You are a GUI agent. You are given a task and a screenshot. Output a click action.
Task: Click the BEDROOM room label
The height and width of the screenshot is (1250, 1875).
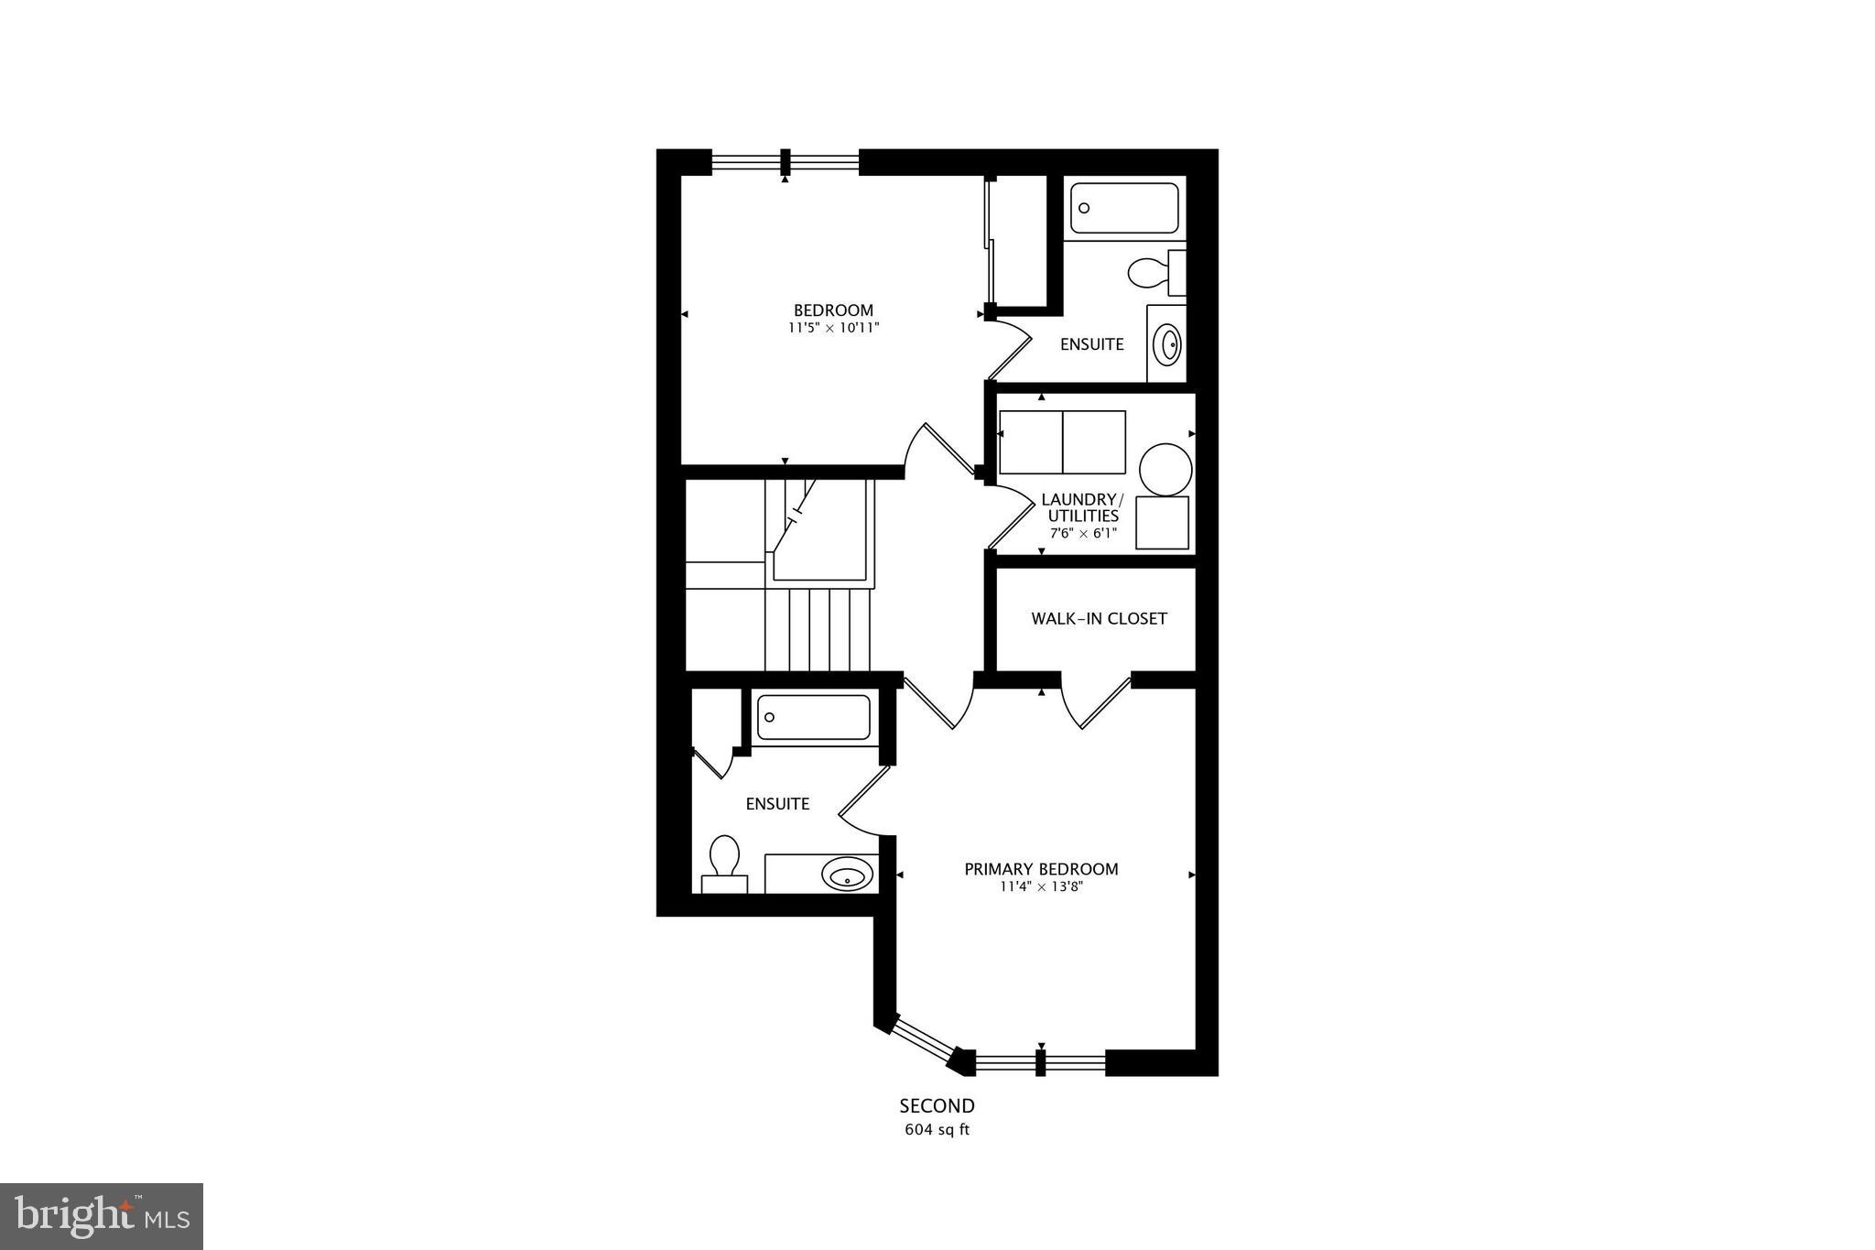pos(833,310)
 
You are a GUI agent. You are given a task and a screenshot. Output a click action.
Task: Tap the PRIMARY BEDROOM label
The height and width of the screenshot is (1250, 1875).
pos(1041,869)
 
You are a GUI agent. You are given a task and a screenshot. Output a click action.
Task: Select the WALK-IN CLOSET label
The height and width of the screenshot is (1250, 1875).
pos(1099,619)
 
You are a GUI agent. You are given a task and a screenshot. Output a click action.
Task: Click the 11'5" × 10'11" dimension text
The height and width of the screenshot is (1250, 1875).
pos(833,328)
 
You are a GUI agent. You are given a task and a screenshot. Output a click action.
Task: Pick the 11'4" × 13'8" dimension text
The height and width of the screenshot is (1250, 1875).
pos(1042,886)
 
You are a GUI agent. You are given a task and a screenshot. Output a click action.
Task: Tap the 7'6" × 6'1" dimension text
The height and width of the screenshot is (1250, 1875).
pos(1083,533)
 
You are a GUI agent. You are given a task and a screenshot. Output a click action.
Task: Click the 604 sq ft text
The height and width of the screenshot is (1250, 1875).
pos(937,1130)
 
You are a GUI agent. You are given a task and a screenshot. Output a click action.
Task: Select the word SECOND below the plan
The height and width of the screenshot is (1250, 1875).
pos(937,1106)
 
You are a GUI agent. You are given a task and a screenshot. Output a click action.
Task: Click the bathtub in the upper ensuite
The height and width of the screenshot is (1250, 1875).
pos(1124,208)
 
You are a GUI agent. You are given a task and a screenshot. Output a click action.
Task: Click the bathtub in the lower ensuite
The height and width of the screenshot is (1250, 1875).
pos(813,717)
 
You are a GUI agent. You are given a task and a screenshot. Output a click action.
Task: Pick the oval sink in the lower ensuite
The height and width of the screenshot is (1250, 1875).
pos(846,874)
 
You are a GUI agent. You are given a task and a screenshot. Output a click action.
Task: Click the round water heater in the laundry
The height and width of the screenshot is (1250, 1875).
pos(1165,470)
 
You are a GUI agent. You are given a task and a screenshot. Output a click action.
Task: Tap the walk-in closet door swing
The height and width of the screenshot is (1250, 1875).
pos(1096,704)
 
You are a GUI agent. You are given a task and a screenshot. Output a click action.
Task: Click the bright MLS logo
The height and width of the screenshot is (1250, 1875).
pos(102,1216)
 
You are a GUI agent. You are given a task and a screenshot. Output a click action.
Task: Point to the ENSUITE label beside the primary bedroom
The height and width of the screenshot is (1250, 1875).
pos(777,804)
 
